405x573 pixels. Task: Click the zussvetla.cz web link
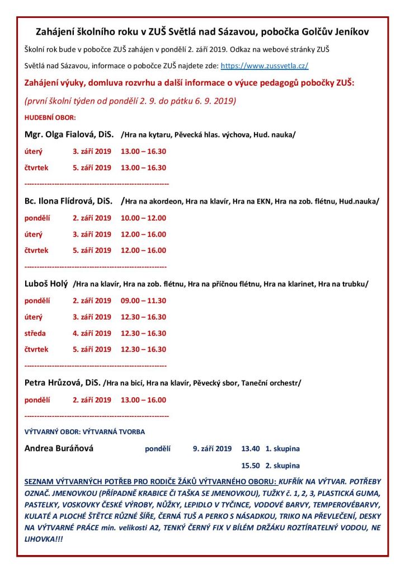265,65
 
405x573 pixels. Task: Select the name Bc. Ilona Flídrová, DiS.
69,201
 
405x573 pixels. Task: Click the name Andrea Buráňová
59,448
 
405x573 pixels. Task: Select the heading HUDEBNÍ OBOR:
50,118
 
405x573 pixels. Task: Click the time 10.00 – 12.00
143,218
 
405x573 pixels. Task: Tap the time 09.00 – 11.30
143,300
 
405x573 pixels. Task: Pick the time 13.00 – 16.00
143,400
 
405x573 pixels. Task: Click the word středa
35,333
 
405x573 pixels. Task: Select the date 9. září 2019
212,449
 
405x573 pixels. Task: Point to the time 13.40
251,449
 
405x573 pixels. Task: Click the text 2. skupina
282,466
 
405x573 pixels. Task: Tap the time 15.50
251,466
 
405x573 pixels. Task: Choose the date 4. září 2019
92,333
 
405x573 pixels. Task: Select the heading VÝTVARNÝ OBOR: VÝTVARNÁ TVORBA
84,432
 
